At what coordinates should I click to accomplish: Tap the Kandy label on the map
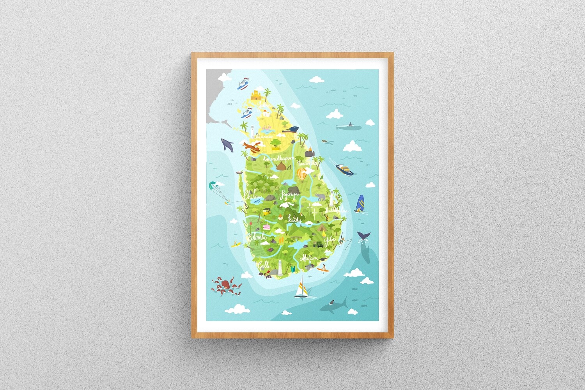294,220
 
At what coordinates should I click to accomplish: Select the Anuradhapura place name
278,159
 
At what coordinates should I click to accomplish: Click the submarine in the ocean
349,126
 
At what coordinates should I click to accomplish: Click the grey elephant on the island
321,197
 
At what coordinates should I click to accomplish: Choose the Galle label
264,265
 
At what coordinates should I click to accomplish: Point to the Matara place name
308,258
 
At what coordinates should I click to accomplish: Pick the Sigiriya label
290,194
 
